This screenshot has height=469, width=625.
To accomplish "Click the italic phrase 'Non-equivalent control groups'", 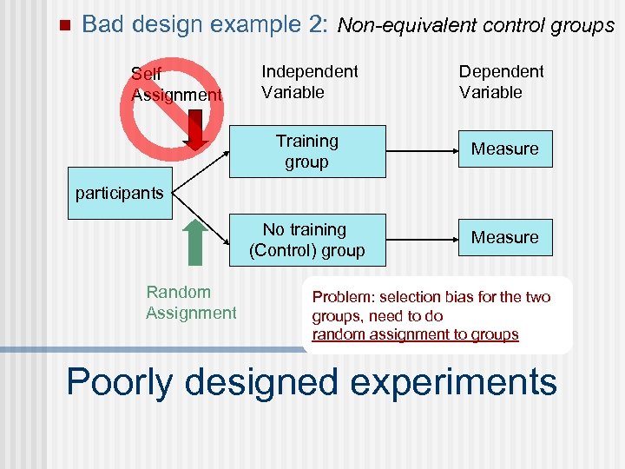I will (475, 26).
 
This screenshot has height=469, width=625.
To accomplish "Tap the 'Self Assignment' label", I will (176, 84).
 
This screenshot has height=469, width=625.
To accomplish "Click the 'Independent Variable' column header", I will (309, 82).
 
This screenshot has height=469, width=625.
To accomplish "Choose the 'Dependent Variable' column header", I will (501, 82).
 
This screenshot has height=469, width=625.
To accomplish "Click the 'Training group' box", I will (306, 151).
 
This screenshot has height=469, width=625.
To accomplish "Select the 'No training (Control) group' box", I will (306, 240).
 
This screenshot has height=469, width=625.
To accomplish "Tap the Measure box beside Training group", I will (504, 149).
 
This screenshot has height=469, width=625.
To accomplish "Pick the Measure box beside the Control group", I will (504, 237).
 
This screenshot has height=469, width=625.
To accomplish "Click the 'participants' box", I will (119, 193).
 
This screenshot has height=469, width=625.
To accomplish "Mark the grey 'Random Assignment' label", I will (190, 302).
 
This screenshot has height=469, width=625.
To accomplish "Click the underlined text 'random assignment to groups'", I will (415, 334).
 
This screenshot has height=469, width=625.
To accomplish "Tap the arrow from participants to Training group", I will (201, 171).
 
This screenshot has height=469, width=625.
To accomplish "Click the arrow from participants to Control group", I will (201, 216).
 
